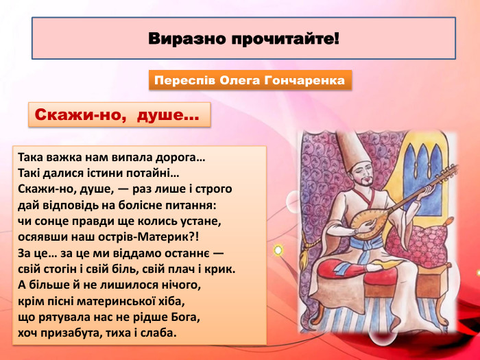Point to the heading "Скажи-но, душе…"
point(117,115)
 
